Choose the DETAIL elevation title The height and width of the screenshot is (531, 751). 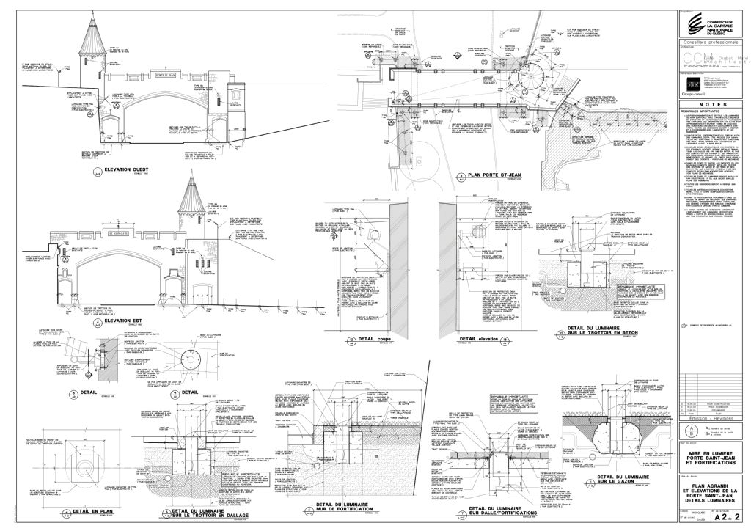481,340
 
